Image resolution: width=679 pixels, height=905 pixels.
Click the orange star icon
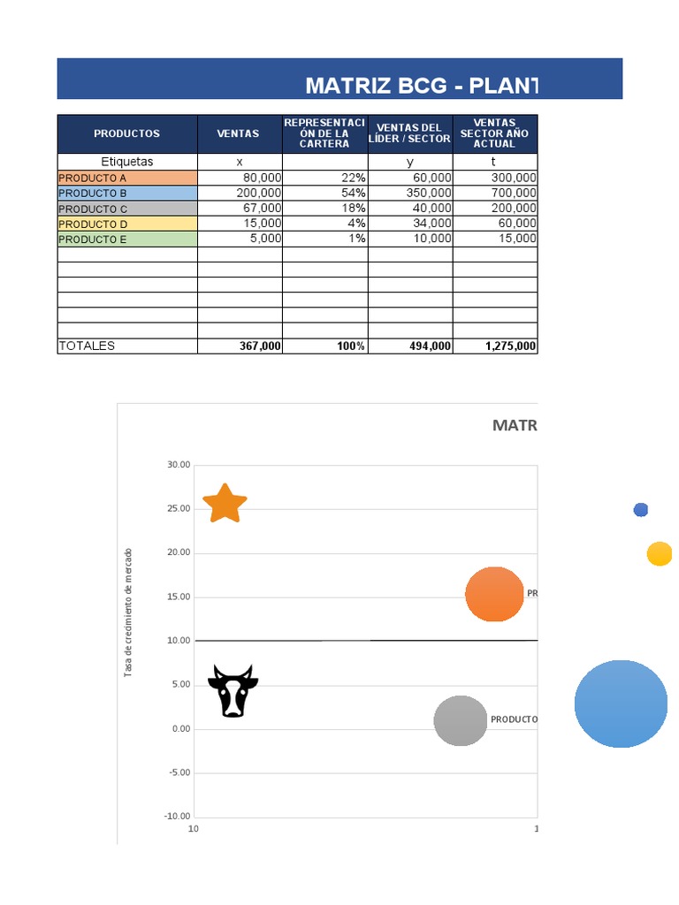pos(225,504)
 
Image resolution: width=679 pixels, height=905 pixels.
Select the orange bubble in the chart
pos(494,594)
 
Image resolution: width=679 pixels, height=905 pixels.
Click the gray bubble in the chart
pos(461,720)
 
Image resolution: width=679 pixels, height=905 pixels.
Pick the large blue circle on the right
pos(621,703)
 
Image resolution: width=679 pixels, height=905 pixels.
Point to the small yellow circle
pos(659,554)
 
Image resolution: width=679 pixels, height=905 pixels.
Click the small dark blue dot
pos(641,510)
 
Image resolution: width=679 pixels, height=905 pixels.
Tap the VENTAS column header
pos(239,133)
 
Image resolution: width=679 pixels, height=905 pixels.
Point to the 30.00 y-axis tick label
pos(178,465)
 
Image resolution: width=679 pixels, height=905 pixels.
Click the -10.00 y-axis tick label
pos(177,816)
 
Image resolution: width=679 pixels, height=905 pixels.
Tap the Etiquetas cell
pos(127,162)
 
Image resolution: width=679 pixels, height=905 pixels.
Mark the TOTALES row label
pos(87,346)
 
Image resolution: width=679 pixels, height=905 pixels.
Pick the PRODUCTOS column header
pos(127,133)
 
